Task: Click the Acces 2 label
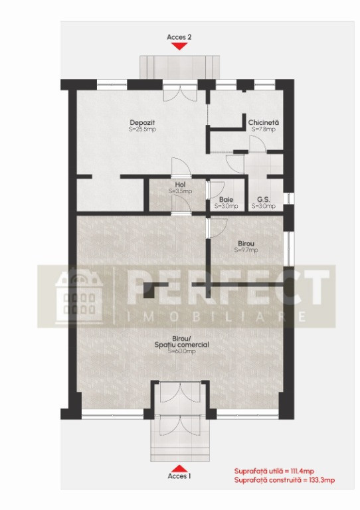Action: pos(179,37)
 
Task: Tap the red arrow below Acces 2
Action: pos(179,46)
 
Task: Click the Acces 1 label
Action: pos(179,476)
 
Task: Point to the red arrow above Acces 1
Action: pos(179,468)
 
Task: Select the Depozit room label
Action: pos(142,123)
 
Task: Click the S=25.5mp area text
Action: pos(142,129)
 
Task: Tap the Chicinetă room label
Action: pos(264,123)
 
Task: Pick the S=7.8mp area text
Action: pos(264,129)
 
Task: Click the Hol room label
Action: pos(180,185)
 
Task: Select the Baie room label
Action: pos(226,199)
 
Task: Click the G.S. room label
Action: pos(264,199)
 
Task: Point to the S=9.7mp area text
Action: pos(246,250)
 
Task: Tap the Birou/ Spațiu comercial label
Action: pos(181,341)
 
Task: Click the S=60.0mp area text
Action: pos(181,351)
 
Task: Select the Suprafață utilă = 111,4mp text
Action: pos(274,471)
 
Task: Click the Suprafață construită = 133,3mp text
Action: pos(284,480)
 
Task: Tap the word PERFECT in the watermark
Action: pos(228,286)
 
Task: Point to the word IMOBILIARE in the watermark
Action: pos(217,317)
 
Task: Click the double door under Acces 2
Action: pos(180,93)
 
